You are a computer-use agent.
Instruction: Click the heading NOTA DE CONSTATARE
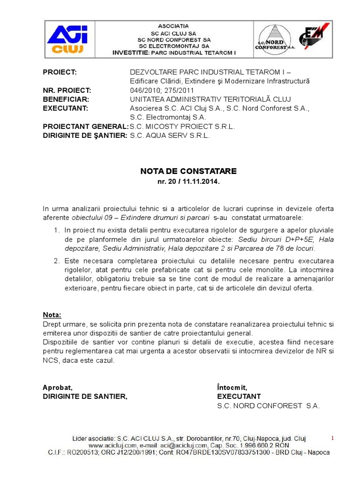pos(189,172)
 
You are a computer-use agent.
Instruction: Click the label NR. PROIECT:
pos(67,90)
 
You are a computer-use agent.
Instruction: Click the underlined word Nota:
pos(52,315)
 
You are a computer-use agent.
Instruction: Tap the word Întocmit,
pos(232,387)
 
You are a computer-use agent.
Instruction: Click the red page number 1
pos(332,438)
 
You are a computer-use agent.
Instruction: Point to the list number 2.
pos(56,261)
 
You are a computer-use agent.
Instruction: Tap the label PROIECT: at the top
pos(60,72)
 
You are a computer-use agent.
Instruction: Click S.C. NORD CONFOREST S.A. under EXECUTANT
pos(268,406)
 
